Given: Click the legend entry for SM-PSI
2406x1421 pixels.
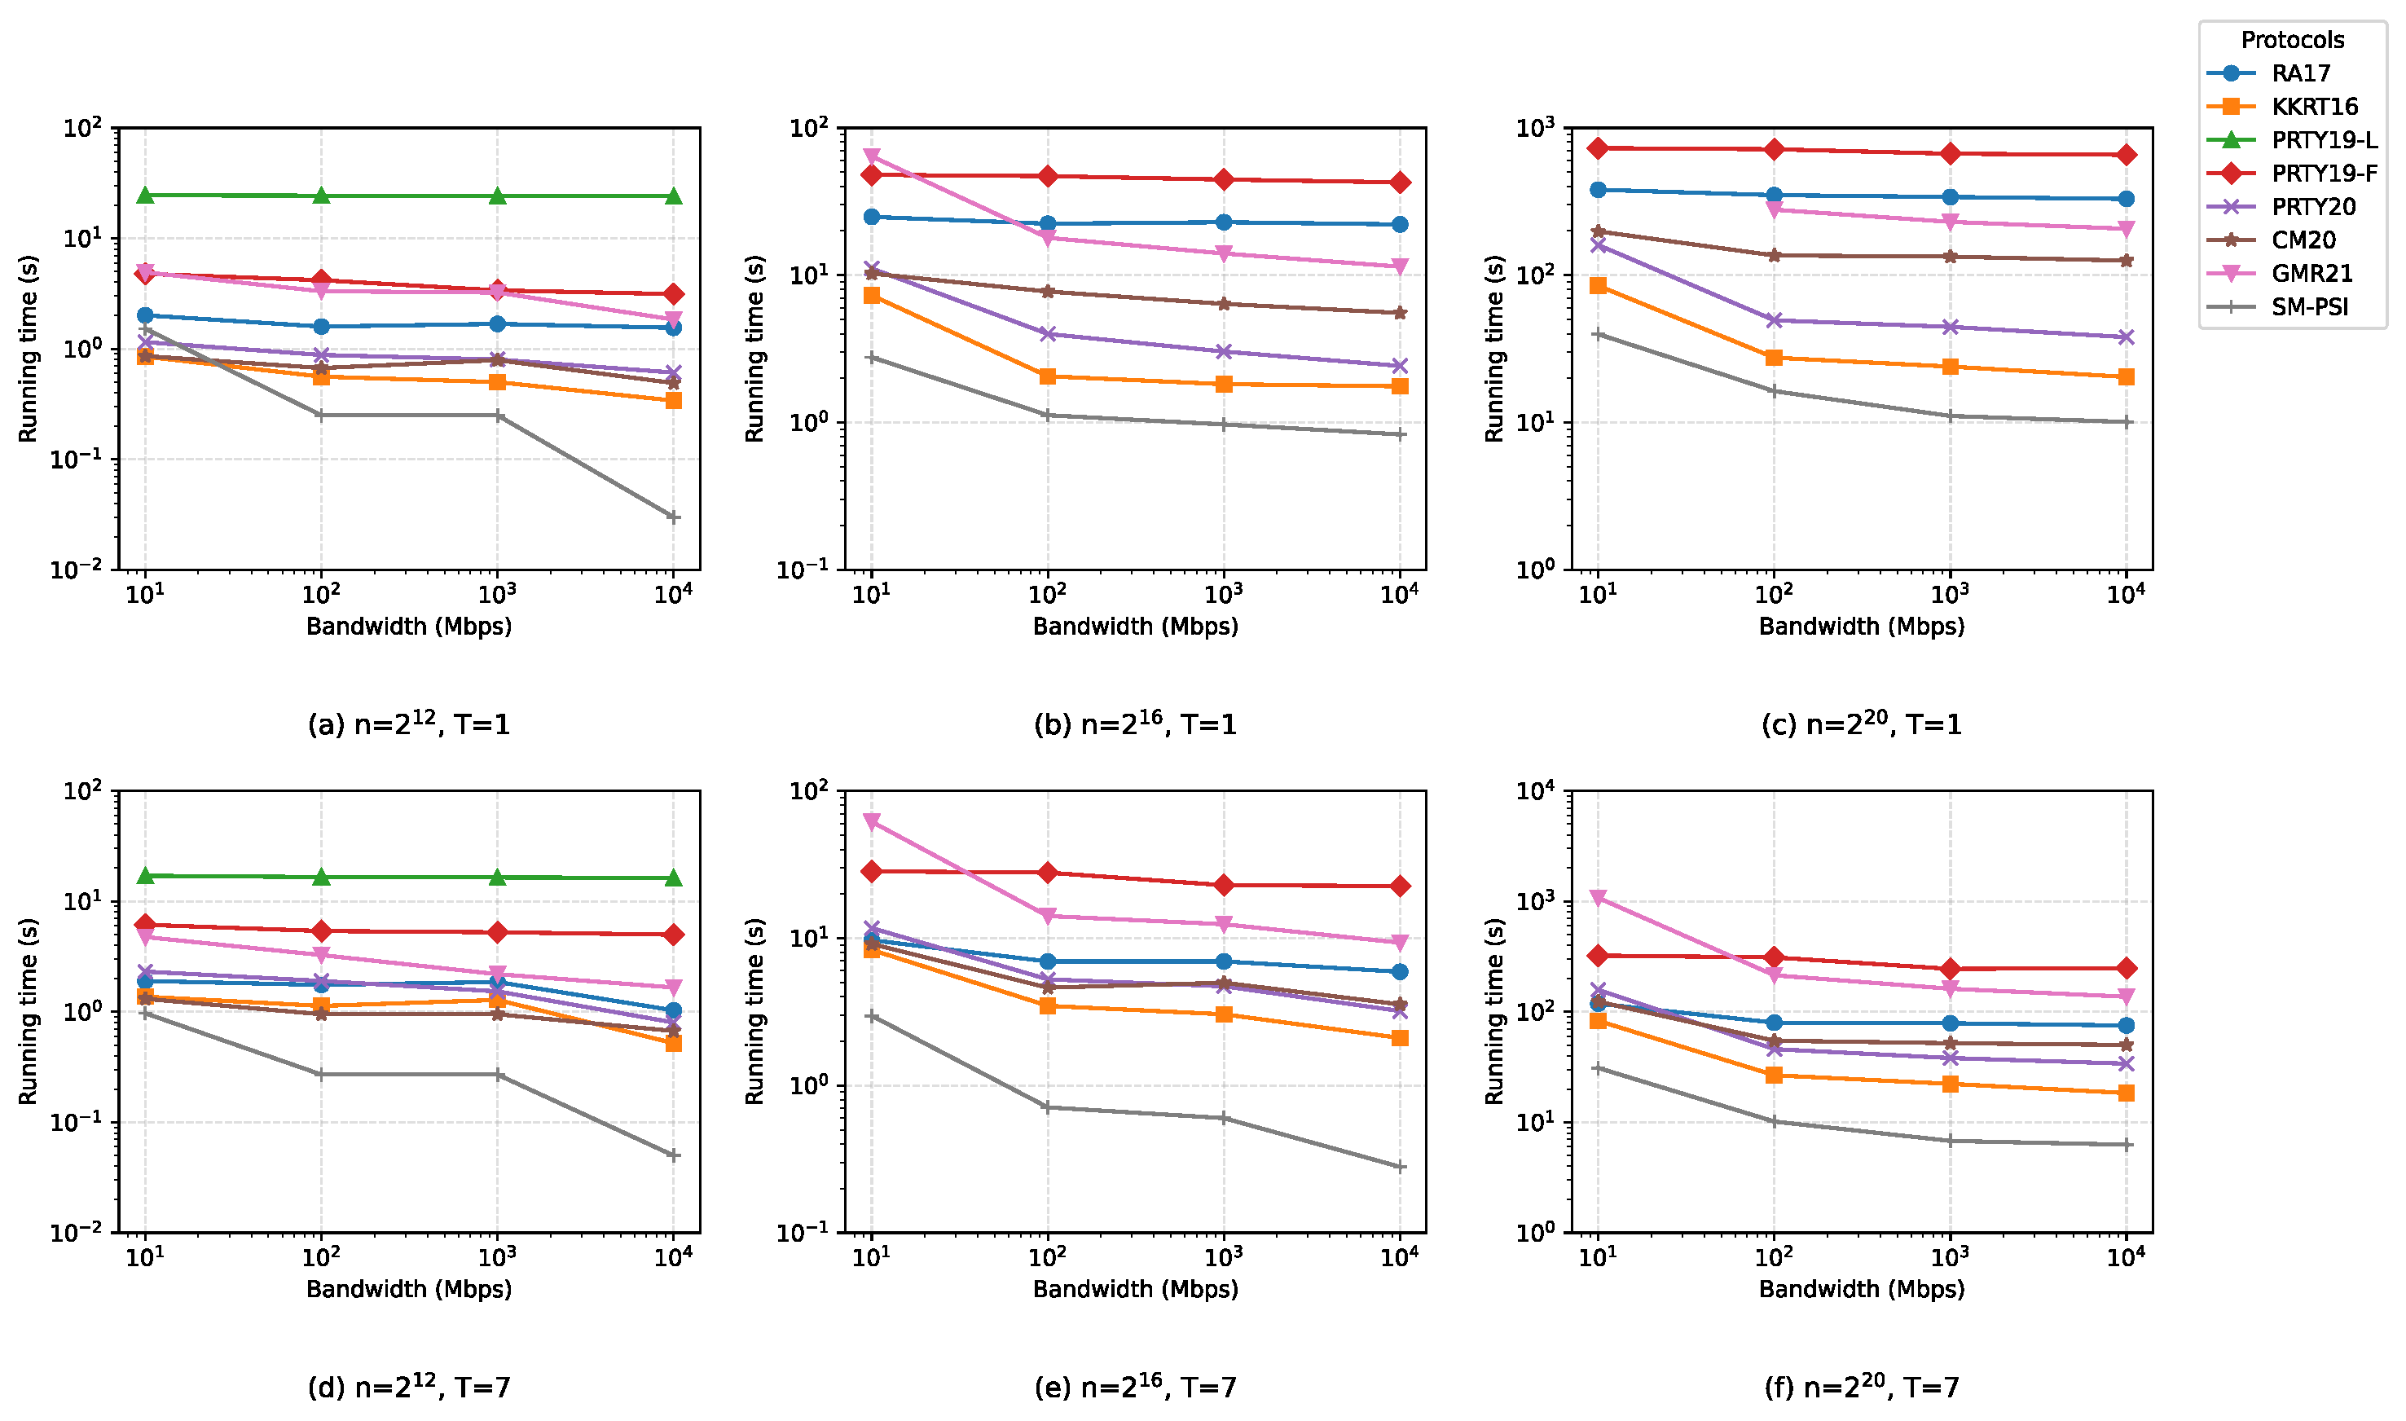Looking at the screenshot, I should [2308, 307].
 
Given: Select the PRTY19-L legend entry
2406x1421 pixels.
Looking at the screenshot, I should [2323, 140].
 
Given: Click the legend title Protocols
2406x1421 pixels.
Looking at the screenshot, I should [2291, 40].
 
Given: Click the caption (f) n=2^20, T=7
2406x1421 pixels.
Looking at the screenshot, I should [1861, 1387].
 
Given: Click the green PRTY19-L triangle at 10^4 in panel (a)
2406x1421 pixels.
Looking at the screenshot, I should [673, 196].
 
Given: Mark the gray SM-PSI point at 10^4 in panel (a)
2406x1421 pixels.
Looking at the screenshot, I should [673, 517].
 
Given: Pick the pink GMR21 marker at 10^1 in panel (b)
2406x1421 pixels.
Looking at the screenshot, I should [871, 156].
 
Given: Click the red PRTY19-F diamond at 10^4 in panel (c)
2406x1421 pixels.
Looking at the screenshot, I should [2126, 154].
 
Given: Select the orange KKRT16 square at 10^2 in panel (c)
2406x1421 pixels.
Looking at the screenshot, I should [1773, 357].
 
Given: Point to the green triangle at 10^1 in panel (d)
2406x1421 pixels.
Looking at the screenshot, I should [146, 875].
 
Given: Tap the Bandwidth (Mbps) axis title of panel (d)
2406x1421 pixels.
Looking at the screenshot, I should [409, 1289].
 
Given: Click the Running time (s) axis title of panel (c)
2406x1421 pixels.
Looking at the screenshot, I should [1493, 349].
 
